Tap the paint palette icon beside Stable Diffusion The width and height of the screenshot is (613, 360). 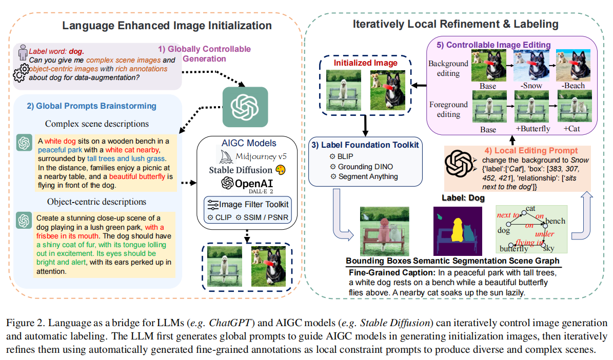coord(280,169)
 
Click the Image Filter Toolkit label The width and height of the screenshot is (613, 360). coord(252,204)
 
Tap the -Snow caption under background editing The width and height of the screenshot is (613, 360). coord(530,86)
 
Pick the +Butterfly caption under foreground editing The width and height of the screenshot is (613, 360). coord(530,129)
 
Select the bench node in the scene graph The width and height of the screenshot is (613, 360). coord(555,221)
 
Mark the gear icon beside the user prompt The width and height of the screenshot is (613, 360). coord(21,74)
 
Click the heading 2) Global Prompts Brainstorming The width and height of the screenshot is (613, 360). coord(91,106)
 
